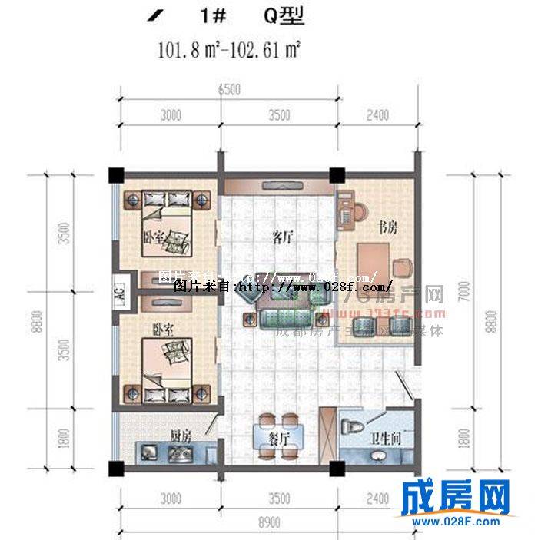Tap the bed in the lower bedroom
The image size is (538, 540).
click(x=169, y=361)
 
